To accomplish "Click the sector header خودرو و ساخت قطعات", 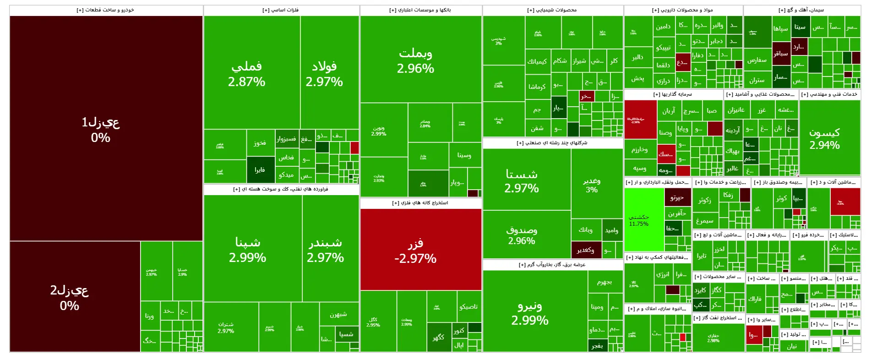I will click(106, 10).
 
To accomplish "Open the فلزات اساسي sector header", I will click(281, 10).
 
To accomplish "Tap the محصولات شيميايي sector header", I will click(552, 10).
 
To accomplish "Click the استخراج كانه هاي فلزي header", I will click(420, 203).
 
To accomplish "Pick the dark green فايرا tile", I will click(260, 170).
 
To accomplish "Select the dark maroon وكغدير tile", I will click(586, 250).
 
